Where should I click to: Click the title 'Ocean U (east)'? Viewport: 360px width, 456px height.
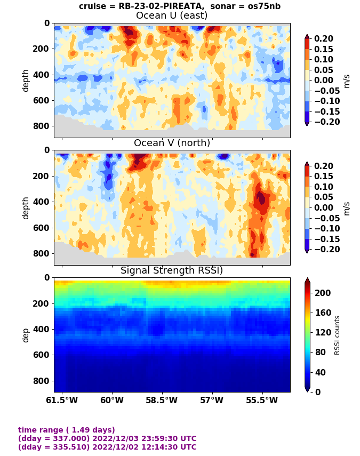pos(172,15)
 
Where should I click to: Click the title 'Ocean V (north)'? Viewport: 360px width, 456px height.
pos(172,143)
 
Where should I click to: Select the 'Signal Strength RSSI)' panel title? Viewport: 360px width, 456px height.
pos(172,270)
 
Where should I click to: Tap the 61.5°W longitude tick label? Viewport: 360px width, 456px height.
pos(62,400)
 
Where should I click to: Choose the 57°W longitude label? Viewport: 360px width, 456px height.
pos(212,400)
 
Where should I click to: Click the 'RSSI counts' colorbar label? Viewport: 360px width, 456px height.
pos(337,335)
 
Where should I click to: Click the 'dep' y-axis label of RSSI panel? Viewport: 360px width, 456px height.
pos(26,335)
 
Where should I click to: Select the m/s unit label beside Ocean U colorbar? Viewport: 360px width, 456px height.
pos(347,80)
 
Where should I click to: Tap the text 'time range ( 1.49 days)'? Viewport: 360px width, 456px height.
pos(67,430)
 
